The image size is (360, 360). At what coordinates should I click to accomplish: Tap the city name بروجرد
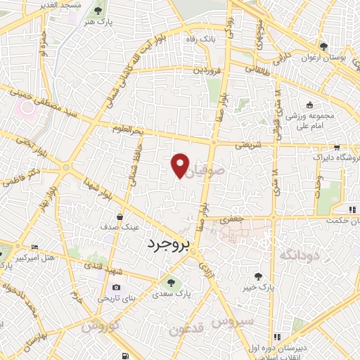169,245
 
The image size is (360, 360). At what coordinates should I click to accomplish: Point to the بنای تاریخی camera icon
116,287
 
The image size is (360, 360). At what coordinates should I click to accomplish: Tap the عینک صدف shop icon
121,217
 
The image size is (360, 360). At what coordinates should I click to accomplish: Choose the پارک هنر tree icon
98,11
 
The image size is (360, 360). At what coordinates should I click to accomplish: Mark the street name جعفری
231,219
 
